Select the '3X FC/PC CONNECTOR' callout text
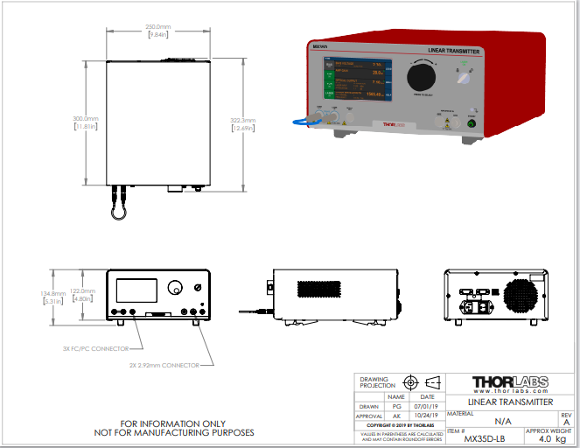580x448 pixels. pyautogui.click(x=96, y=347)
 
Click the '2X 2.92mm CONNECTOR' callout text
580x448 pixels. pyautogui.click(x=164, y=365)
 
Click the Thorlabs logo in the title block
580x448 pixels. pyautogui.click(x=510, y=382)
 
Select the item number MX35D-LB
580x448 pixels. pyautogui.click(x=484, y=438)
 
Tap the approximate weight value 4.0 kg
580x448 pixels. pyautogui.click(x=548, y=439)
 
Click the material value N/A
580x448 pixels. pyautogui.click(x=485, y=421)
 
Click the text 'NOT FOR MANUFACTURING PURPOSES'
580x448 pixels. pyautogui.click(x=174, y=432)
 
